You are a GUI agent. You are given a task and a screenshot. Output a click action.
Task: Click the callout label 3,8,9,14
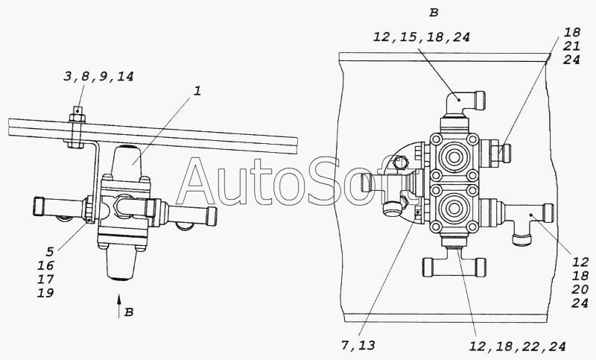pos(98,77)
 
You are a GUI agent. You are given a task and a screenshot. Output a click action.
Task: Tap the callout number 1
pos(197,91)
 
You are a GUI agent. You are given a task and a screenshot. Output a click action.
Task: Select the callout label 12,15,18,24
pos(422,37)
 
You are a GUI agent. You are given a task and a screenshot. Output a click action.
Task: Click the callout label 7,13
pos(358,345)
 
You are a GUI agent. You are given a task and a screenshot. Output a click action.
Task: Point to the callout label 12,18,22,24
pos(517,347)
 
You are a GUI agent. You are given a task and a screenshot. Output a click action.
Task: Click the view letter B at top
pos(434,13)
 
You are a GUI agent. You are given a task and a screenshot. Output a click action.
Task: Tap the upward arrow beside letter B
pos(119,306)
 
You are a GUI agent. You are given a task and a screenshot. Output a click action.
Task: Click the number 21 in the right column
pos(571,46)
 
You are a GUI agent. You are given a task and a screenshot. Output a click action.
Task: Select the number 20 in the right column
pos(580,289)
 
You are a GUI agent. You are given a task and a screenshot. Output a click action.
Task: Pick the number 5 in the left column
pos(50,252)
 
